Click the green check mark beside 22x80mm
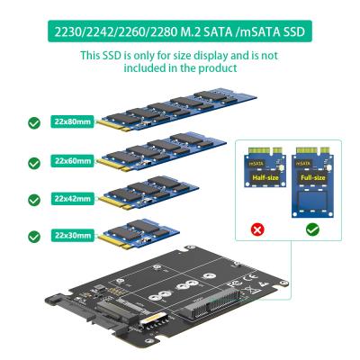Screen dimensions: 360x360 click(34, 122)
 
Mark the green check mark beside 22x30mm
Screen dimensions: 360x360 click(34, 236)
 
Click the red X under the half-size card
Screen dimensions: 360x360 click(256, 229)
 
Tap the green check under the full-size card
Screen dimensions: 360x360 click(311, 229)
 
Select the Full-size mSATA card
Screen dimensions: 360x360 click(311, 184)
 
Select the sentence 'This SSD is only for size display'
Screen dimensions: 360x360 click(179, 57)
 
